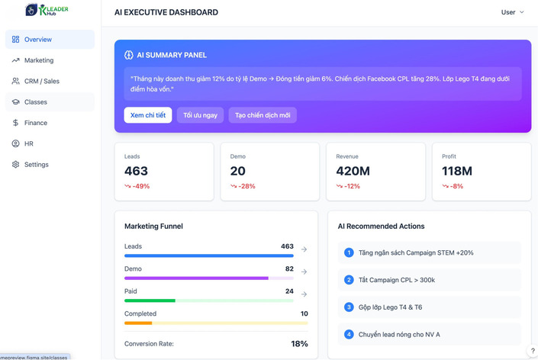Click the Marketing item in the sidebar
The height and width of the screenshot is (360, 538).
(38, 60)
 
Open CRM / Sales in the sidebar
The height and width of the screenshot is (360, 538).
(41, 81)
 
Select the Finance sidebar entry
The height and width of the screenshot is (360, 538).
(35, 123)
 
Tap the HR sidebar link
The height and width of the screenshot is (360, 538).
(28, 143)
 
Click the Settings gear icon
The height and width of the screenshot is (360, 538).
(15, 165)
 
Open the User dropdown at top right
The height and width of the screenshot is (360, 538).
(512, 12)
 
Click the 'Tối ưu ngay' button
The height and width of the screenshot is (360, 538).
(200, 115)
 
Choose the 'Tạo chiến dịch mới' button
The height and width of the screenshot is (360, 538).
(263, 115)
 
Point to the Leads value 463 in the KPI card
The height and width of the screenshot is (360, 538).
(136, 171)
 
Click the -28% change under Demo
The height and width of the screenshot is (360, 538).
(246, 186)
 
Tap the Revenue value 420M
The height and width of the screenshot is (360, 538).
(353, 171)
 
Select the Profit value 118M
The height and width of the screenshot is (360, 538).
(456, 171)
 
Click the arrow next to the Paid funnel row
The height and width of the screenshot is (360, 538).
(304, 294)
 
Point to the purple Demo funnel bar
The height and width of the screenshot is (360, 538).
(196, 278)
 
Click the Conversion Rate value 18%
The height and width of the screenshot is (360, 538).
(299, 344)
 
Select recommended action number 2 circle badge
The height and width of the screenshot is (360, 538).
(349, 280)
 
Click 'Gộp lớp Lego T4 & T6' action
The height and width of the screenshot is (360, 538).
(390, 307)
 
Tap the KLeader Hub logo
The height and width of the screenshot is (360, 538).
(47, 11)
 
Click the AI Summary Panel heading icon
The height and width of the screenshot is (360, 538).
(129, 55)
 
